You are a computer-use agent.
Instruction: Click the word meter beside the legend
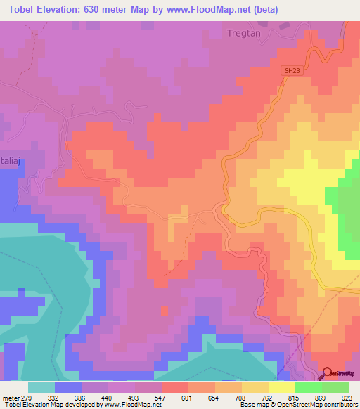(10, 398)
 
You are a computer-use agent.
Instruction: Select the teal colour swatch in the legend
(41, 387)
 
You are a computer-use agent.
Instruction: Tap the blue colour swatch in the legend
(68, 387)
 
